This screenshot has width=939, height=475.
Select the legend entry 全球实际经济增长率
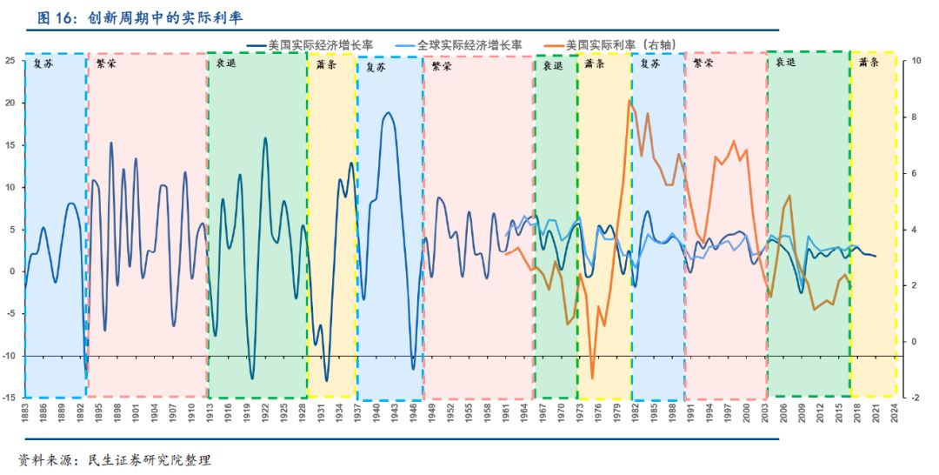(469, 43)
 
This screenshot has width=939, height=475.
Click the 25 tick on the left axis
(10, 60)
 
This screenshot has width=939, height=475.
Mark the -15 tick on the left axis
(10, 398)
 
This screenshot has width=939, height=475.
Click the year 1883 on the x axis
(25, 413)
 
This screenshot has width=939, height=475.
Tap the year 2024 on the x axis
(895, 413)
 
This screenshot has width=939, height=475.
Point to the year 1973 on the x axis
(577, 413)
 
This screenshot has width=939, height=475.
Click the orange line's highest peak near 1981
(629, 100)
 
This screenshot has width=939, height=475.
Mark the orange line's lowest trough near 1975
(592, 378)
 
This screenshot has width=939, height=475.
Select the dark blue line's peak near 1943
(388, 113)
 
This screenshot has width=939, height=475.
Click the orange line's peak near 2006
(789, 196)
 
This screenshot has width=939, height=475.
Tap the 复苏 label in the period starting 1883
(42, 64)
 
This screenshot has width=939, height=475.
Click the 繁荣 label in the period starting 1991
(703, 64)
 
